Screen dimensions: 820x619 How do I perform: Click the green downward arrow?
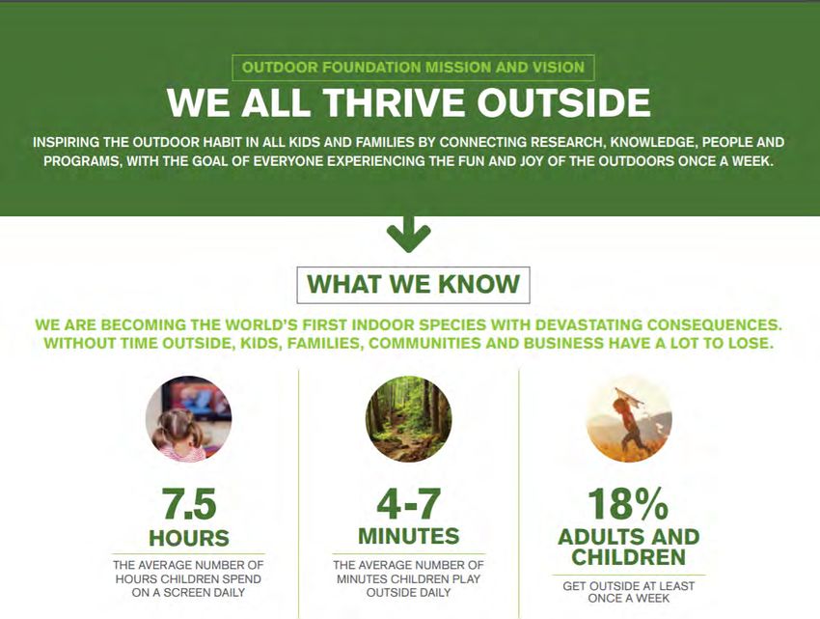[x=408, y=235]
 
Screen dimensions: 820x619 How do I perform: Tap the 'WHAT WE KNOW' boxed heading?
[x=413, y=285]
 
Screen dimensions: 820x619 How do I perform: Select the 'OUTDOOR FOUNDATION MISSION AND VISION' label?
[x=413, y=68]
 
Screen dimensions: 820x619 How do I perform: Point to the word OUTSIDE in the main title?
[x=563, y=102]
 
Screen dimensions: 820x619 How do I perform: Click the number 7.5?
[x=189, y=504]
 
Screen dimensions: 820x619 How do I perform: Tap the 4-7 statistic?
[x=408, y=504]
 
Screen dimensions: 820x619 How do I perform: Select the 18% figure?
[x=628, y=504]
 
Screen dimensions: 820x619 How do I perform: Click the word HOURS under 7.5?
[x=189, y=538]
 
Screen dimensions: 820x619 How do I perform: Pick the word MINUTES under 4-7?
[x=408, y=536]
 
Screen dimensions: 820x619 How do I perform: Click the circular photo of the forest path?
[x=408, y=418]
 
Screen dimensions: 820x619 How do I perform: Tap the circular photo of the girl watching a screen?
[x=189, y=418]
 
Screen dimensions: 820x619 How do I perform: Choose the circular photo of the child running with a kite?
[x=629, y=418]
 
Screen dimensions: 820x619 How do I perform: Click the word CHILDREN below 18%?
[x=628, y=557]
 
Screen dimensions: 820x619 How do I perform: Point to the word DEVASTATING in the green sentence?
[x=588, y=324]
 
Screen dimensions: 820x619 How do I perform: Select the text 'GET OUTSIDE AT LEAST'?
[x=629, y=586]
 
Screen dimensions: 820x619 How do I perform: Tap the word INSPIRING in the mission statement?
[x=66, y=143]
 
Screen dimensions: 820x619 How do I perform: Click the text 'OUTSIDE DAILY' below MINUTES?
[x=408, y=593]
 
